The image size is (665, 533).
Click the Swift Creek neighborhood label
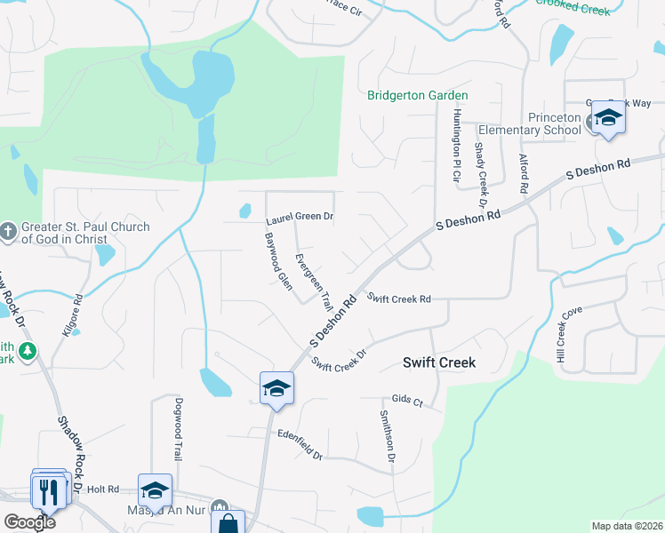pyautogui.click(x=439, y=362)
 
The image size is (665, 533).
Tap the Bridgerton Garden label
pyautogui.click(x=418, y=95)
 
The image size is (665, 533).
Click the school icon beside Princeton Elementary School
pyautogui.click(x=608, y=117)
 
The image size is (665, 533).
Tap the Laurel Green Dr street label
pyautogui.click(x=300, y=218)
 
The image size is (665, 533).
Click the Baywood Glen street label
pyautogui.click(x=278, y=262)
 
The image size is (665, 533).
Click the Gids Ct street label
pyautogui.click(x=405, y=401)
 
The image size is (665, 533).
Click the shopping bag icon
pyautogui.click(x=229, y=523)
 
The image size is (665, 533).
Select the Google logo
pyautogui.click(x=29, y=522)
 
